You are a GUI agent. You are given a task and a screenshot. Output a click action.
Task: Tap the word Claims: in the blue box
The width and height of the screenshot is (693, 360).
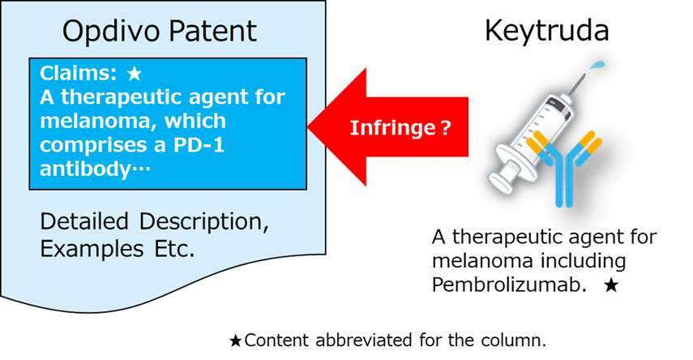click(77, 73)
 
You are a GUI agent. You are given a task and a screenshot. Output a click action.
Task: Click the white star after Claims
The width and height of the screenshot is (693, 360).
click(135, 74)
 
